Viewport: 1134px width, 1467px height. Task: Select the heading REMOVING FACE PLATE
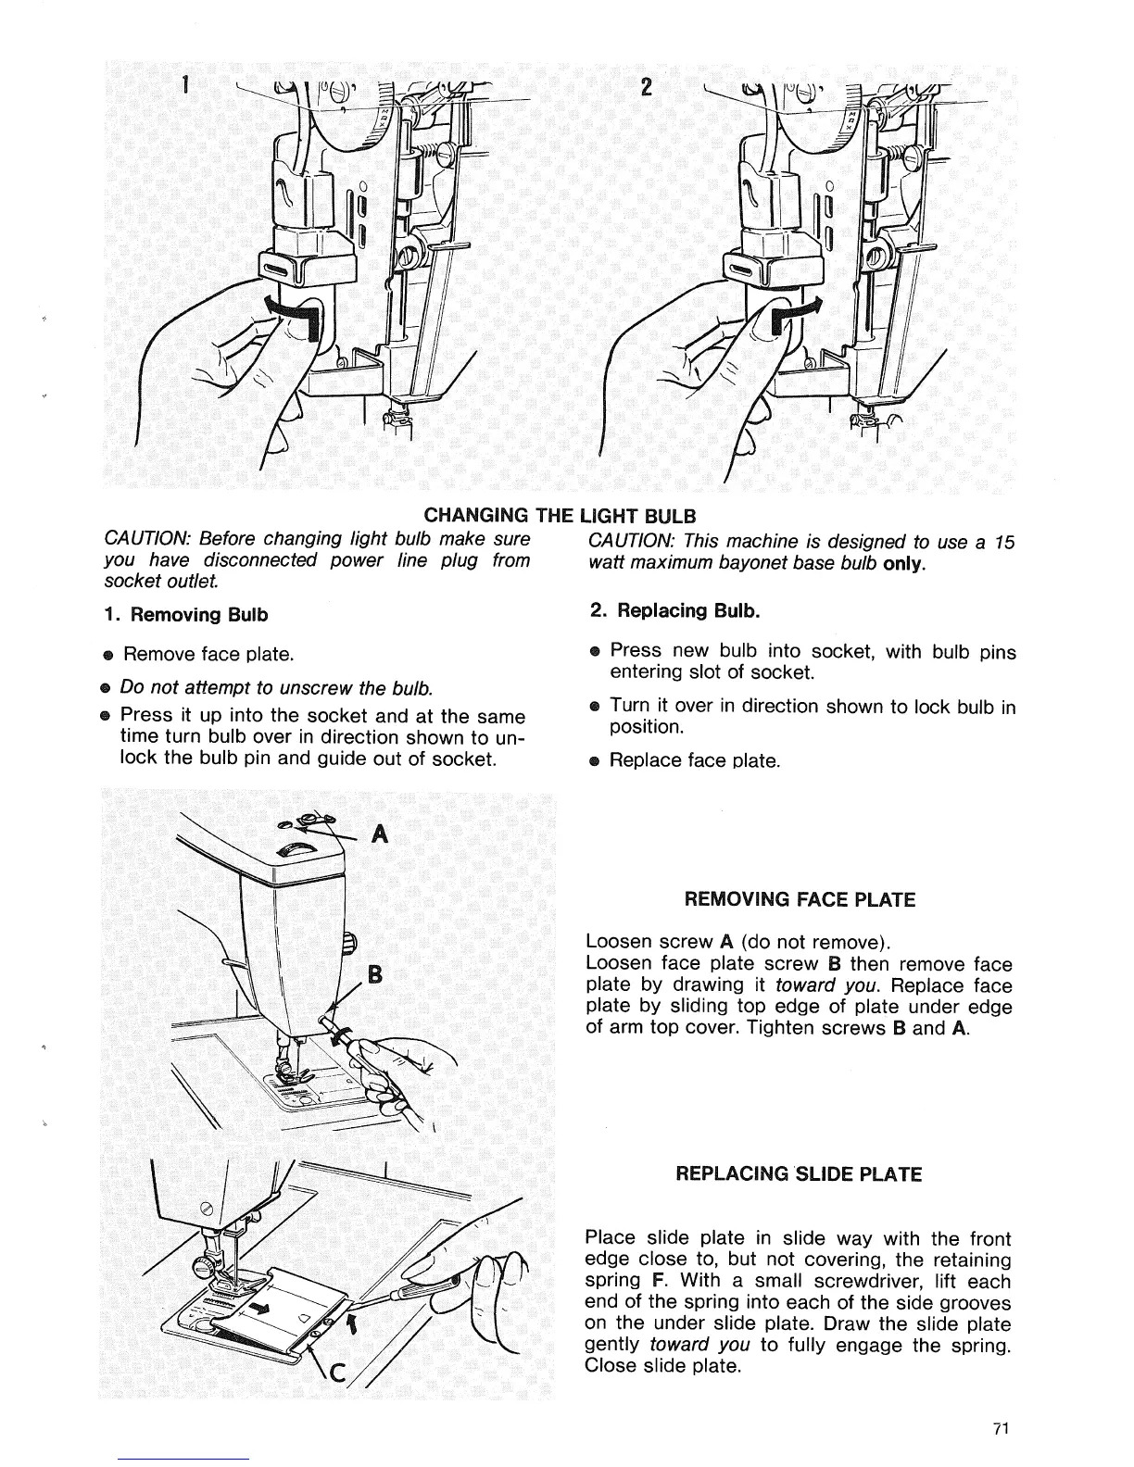point(799,899)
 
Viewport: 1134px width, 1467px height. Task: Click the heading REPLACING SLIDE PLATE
point(799,1174)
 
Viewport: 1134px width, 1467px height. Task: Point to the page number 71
point(999,1428)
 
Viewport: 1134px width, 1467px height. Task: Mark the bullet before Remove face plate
point(108,656)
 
